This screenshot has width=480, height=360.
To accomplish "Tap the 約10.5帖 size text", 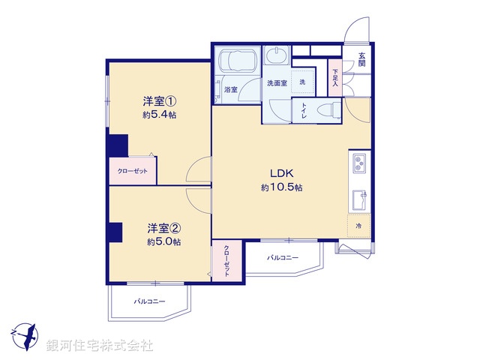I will (x=281, y=187).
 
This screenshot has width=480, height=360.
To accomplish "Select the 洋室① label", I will (x=160, y=100).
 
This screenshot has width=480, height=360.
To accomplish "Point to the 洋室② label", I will (x=163, y=228).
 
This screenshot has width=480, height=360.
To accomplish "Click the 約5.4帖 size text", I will (x=160, y=115).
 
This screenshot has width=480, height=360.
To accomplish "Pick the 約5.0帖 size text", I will (x=163, y=241).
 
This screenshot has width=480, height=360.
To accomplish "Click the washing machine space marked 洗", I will (x=302, y=81).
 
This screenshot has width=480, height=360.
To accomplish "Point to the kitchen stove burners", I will (x=358, y=163).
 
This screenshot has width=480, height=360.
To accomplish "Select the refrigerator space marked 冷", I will (x=358, y=225).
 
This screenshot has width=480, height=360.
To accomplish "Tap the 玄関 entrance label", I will (x=362, y=59).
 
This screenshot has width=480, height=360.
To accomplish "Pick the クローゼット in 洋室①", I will (x=132, y=171).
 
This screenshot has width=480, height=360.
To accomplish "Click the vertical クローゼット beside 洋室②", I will (x=226, y=261).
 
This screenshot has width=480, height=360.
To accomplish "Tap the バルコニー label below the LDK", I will (x=283, y=257).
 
